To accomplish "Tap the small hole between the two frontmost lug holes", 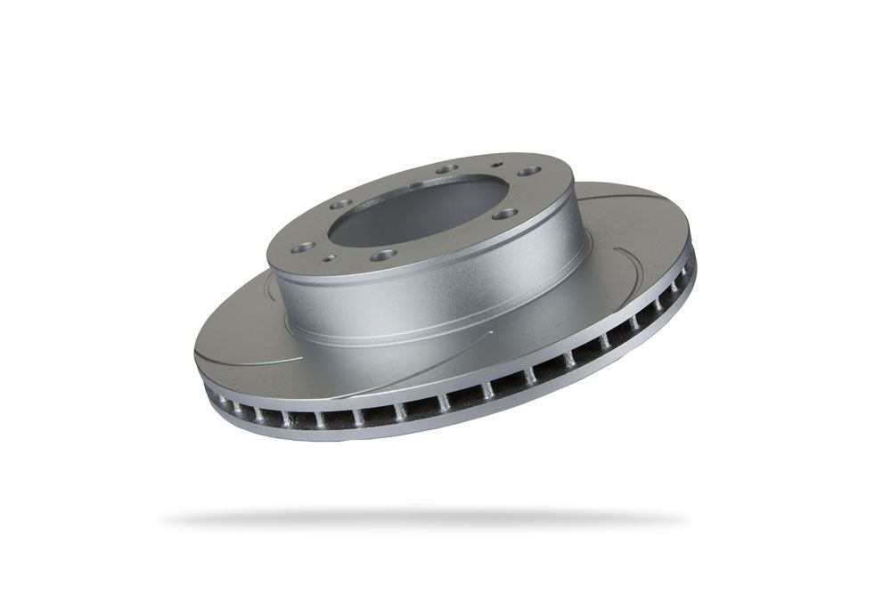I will [331, 259].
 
